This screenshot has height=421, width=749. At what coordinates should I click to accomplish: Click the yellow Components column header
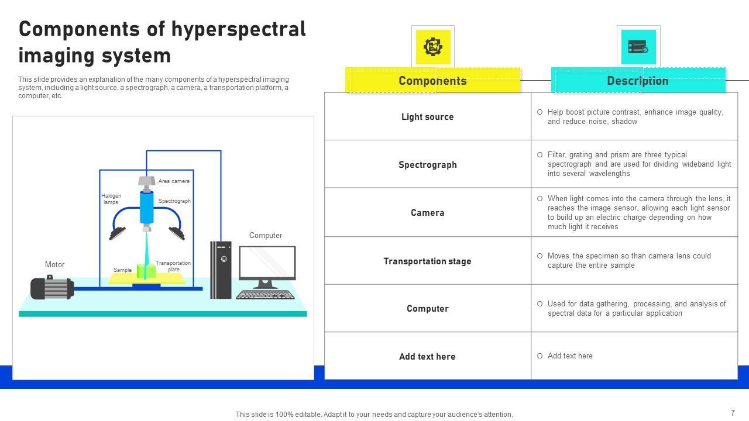click(432, 81)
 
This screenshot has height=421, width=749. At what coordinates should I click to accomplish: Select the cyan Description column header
click(637, 81)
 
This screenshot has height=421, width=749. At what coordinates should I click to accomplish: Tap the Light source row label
click(427, 117)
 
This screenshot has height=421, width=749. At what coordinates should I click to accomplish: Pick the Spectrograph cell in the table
click(427, 165)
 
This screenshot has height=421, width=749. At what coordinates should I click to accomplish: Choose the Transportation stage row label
click(427, 261)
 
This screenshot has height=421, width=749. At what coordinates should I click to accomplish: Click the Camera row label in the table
click(427, 213)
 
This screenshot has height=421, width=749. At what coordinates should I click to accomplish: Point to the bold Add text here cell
click(427, 357)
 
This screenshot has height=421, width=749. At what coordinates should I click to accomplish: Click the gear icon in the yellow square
click(433, 47)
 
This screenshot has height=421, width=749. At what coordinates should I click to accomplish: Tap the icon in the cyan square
click(638, 47)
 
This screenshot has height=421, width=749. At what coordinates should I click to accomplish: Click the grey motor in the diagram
click(51, 288)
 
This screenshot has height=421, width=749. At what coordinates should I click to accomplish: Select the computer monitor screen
click(267, 263)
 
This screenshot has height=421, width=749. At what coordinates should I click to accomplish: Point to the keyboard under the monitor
click(265, 295)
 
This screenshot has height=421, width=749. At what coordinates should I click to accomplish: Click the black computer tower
click(221, 270)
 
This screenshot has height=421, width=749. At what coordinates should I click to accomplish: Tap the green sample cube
click(146, 271)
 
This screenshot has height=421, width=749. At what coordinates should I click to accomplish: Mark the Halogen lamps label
click(111, 199)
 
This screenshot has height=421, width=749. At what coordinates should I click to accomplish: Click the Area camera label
click(174, 181)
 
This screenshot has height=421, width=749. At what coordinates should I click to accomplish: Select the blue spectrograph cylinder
click(146, 207)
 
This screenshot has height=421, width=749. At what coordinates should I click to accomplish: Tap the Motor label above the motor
click(54, 265)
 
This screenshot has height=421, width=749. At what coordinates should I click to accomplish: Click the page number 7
click(733, 413)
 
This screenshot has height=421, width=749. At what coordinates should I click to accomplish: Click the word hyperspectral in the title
click(235, 29)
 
